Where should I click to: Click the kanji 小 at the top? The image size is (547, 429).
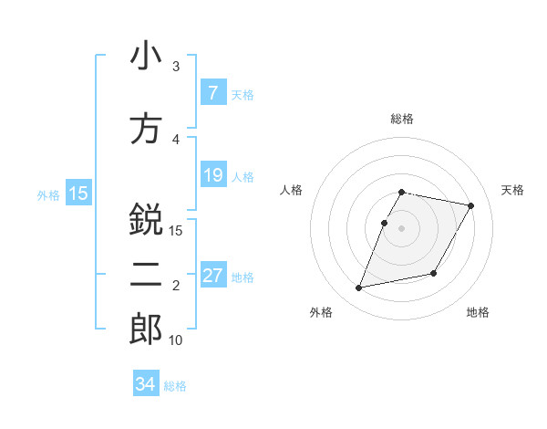pyautogui.click(x=146, y=56)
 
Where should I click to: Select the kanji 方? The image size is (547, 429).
pyautogui.click(x=146, y=129)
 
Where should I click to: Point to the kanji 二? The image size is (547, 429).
pyautogui.click(x=146, y=277)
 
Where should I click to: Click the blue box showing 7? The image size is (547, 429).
pyautogui.click(x=212, y=93)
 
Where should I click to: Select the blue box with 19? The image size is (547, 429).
pyautogui.click(x=212, y=175)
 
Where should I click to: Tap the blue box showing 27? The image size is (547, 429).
pyautogui.click(x=212, y=276)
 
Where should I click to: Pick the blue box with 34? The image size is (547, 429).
pyautogui.click(x=146, y=384)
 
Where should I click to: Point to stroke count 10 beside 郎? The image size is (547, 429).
pyautogui.click(x=176, y=340)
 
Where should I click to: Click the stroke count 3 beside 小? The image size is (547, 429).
pyautogui.click(x=176, y=67)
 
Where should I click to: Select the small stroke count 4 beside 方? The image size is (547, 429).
pyautogui.click(x=176, y=140)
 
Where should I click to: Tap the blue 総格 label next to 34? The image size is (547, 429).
pyautogui.click(x=175, y=386)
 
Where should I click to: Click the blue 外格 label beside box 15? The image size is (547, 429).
pyautogui.click(x=48, y=194)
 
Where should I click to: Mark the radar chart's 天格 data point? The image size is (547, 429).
pyautogui.click(x=470, y=206)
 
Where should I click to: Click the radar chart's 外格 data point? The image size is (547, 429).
pyautogui.click(x=359, y=288)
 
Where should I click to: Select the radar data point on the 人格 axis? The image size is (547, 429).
pyautogui.click(x=385, y=223)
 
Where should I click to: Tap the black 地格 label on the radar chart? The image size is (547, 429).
pyautogui.click(x=478, y=313)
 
